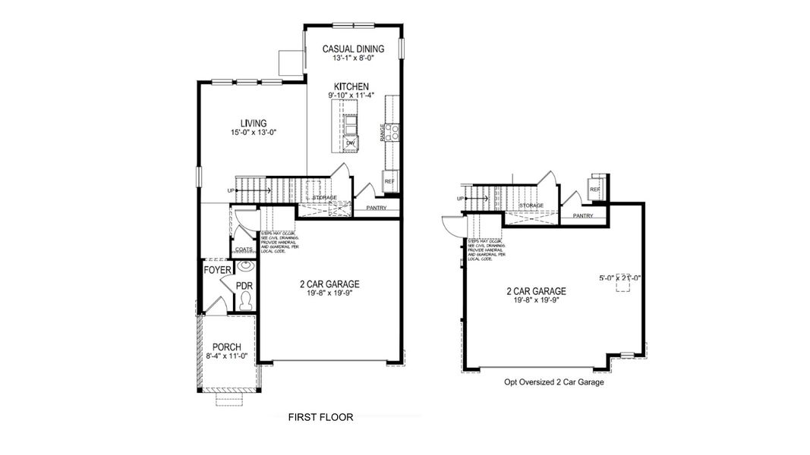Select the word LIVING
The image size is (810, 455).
tap(254, 124)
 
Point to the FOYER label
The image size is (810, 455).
tap(217, 270)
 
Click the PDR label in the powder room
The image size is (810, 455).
tap(244, 286)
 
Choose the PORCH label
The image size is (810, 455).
tap(226, 347)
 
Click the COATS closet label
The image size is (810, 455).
tap(244, 249)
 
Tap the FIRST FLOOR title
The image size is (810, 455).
tap(320, 417)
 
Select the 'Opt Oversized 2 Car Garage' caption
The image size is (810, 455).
tap(553, 382)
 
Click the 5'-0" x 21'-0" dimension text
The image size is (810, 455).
tap(619, 278)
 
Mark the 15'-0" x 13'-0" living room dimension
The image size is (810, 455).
tap(254, 133)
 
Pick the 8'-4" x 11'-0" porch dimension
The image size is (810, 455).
tap(226, 356)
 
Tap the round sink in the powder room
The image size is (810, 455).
tap(245, 267)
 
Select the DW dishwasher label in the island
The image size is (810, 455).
tap(350, 143)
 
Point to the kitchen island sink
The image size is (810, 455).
tap(351, 122)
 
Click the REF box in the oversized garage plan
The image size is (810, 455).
tap(595, 188)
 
